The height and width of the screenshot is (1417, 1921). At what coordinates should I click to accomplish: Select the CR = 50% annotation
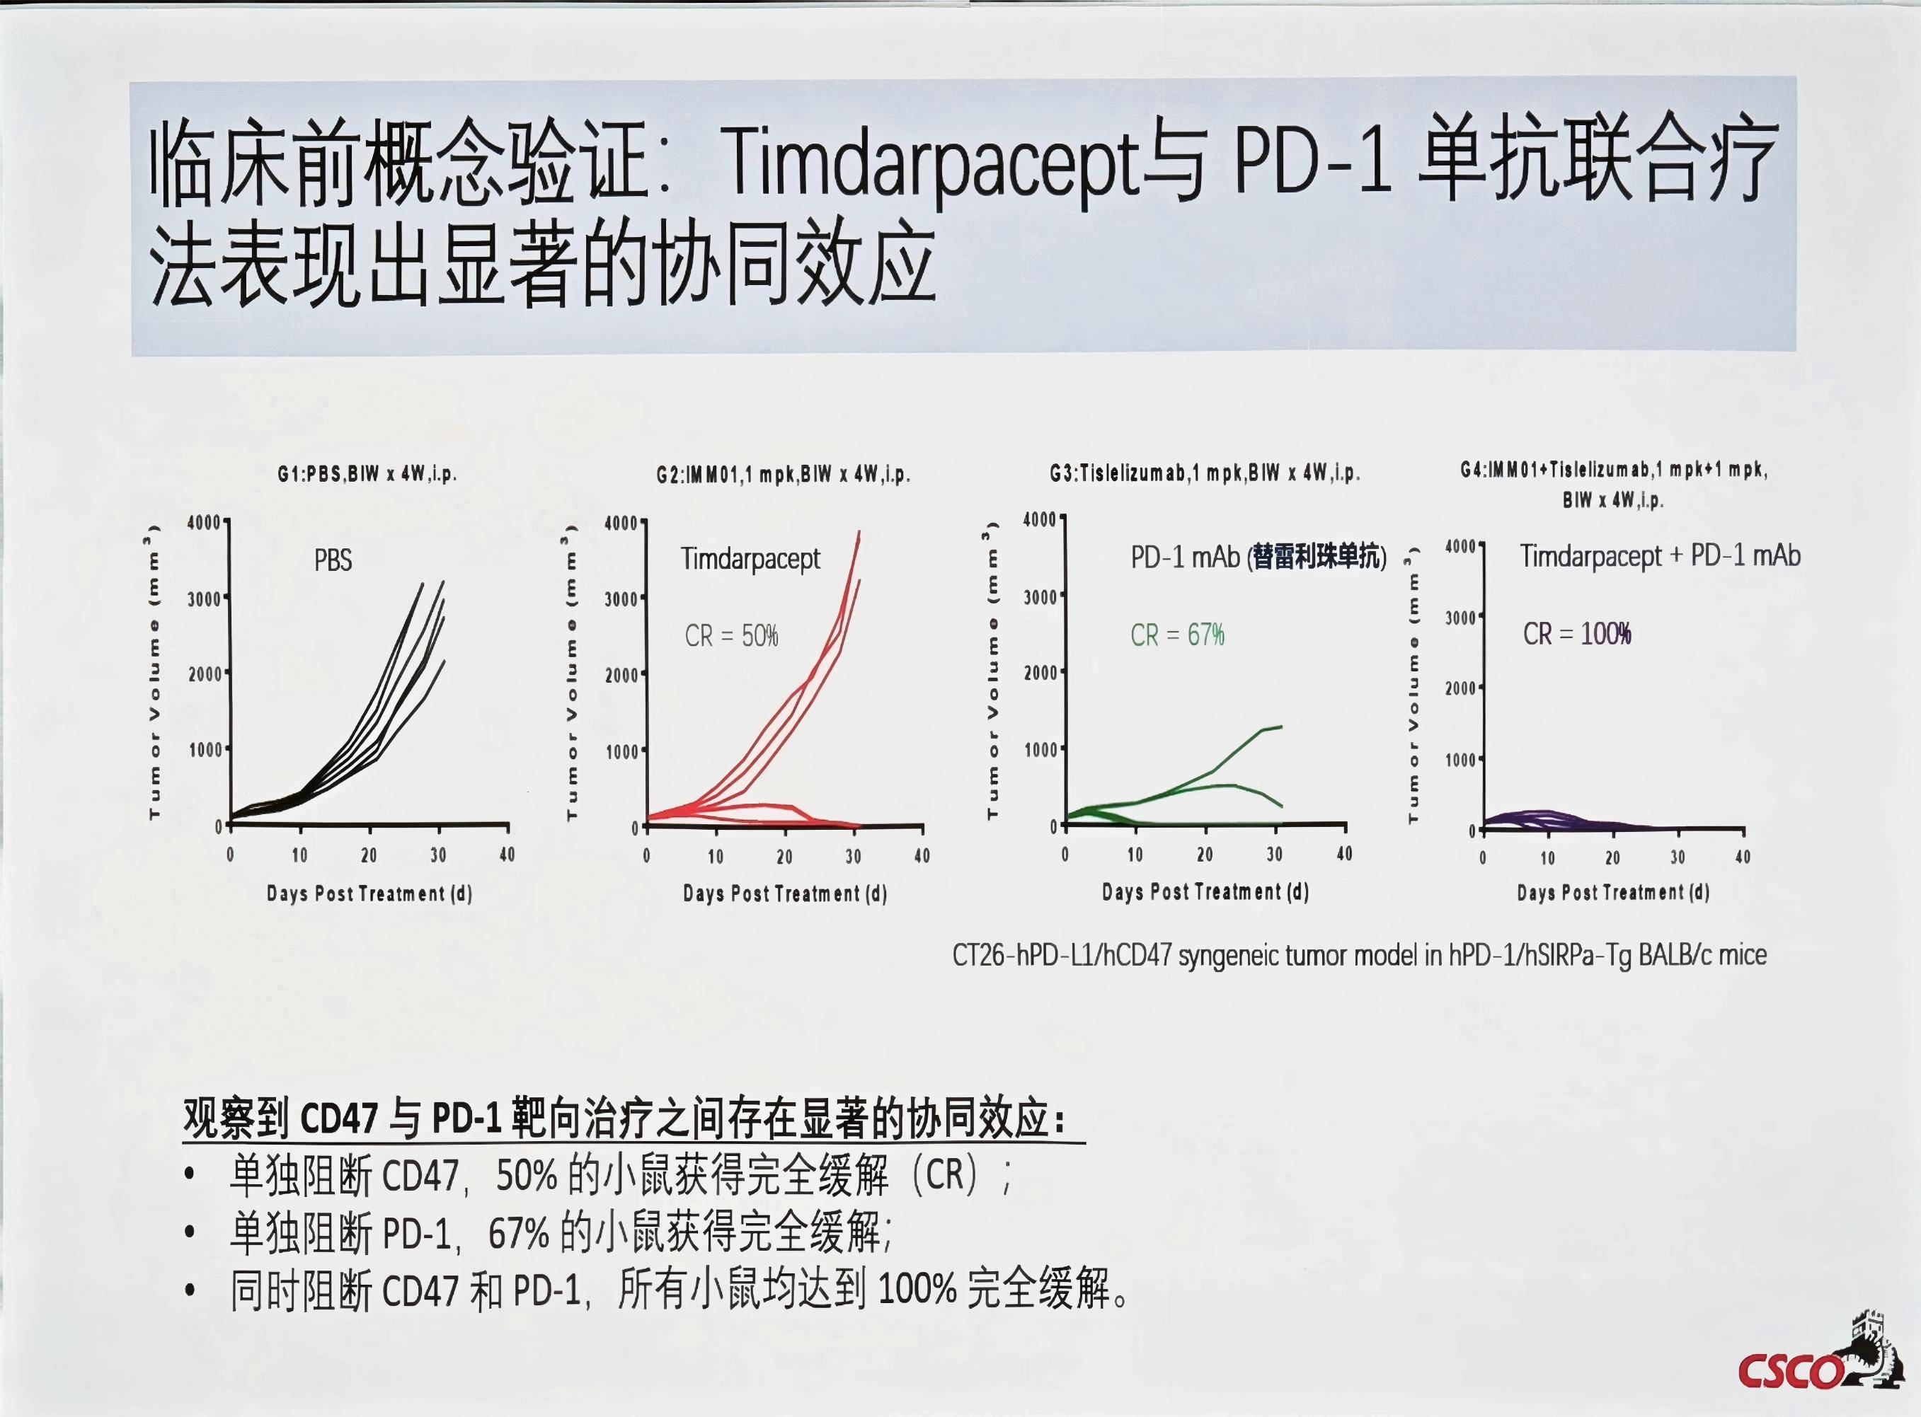pos(731,635)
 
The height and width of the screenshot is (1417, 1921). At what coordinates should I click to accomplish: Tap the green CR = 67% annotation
pos(1177,635)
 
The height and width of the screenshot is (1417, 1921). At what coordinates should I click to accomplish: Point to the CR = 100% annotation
pos(1577,634)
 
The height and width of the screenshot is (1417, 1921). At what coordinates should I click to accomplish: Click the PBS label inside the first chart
pos(333,560)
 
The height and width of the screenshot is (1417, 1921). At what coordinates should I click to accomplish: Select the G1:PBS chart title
pos(367,473)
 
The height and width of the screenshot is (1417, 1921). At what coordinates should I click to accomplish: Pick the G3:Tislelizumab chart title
pos(1205,473)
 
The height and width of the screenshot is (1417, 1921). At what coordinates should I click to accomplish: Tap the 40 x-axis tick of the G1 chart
pos(507,855)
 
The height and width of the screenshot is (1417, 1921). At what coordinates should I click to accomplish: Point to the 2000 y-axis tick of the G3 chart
pos(1040,673)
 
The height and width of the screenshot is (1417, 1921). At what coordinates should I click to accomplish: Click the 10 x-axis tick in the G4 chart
pos(1547,857)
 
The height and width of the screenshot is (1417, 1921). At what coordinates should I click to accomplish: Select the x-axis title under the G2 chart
pos(785,893)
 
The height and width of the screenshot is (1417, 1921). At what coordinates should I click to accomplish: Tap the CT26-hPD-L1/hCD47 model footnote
pos(1359,954)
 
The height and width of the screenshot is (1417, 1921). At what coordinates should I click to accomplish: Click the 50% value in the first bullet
pos(527,1175)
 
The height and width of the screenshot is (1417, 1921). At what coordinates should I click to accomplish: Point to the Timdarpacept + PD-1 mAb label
pos(1661,556)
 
